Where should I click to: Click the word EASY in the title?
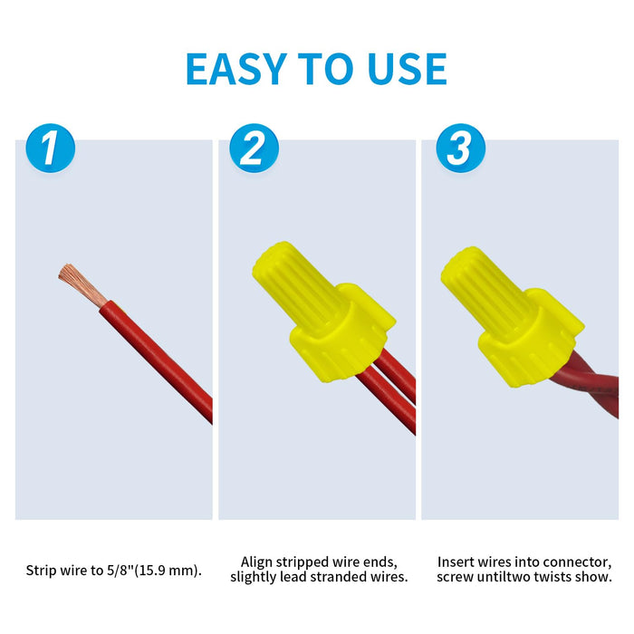pyautogui.click(x=236, y=69)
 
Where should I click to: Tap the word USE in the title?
pyautogui.click(x=408, y=69)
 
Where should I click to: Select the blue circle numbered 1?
pyautogui.click(x=51, y=148)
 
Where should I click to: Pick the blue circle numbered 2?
pyautogui.click(x=254, y=148)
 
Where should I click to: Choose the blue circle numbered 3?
pyautogui.click(x=460, y=148)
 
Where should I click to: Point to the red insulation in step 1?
pyautogui.click(x=157, y=361)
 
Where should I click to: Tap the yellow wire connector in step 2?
pyautogui.click(x=323, y=312)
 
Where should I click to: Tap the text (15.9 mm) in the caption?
pyautogui.click(x=166, y=571)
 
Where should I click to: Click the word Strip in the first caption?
pyautogui.click(x=42, y=571)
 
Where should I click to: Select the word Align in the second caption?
pyautogui.click(x=256, y=562)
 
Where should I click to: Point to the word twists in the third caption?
pyautogui.click(x=552, y=577)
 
